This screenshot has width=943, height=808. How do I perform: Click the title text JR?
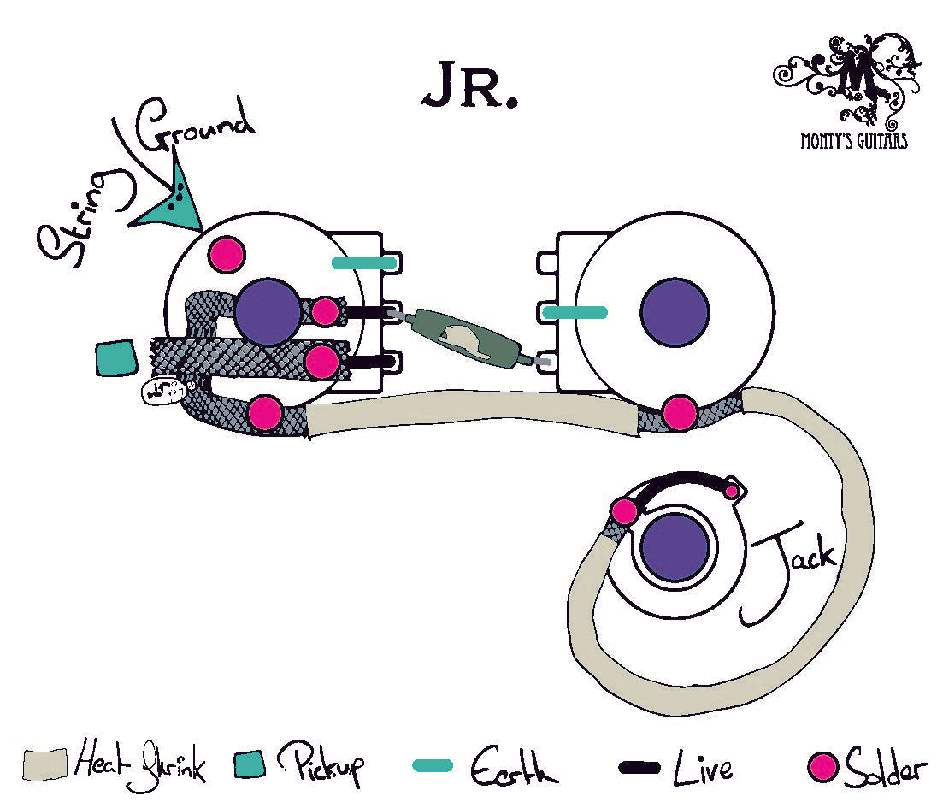click(469, 86)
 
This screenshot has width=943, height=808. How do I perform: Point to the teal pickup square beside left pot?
click(115, 358)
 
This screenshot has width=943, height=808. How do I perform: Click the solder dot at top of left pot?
click(227, 254)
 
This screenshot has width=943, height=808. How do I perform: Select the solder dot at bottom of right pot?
click(680, 412)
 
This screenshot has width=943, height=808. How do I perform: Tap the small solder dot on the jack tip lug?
click(731, 491)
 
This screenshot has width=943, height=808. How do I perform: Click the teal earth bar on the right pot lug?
click(575, 314)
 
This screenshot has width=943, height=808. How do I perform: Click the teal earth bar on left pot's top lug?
click(364, 262)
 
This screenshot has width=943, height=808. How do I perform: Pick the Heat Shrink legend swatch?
click(44, 764)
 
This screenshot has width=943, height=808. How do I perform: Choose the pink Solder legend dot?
click(822, 767)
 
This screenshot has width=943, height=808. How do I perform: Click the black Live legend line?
click(639, 767)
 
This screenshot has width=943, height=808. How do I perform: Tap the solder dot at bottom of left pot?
click(265, 413)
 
